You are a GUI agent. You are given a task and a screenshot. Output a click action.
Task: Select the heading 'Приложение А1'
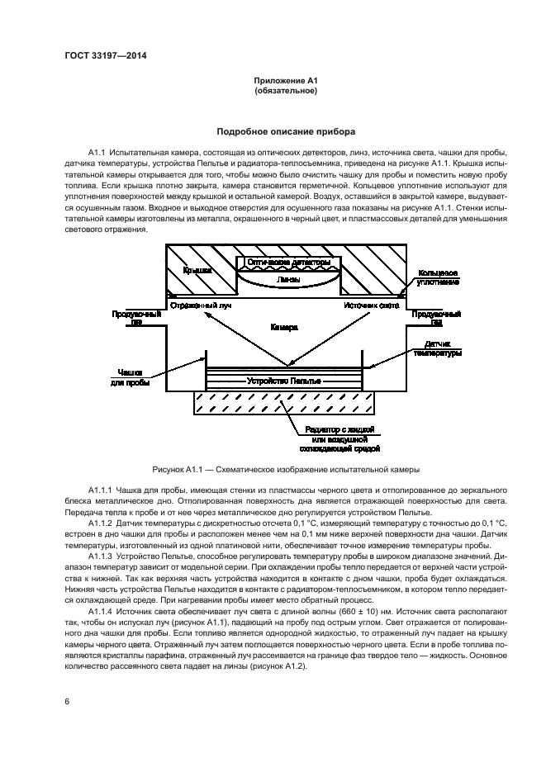click(286, 81)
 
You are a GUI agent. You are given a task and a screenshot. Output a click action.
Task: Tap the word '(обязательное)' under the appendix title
click(286, 91)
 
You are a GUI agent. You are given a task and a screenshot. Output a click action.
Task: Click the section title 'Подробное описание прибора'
click(286, 131)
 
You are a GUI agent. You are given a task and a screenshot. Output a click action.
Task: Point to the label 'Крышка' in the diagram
click(197, 269)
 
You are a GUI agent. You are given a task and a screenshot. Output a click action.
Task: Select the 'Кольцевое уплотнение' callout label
click(439, 277)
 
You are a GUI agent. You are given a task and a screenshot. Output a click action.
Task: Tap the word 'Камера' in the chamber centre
click(284, 327)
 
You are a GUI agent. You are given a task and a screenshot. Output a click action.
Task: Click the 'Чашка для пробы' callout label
click(131, 377)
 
